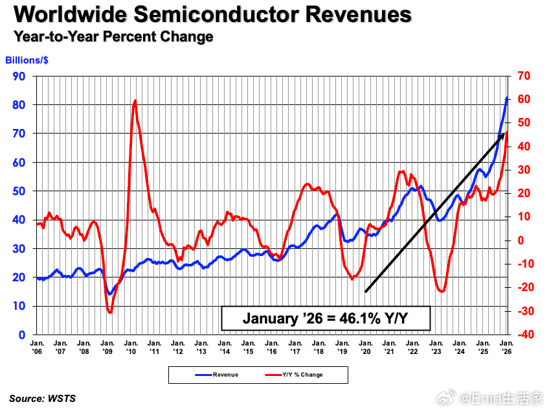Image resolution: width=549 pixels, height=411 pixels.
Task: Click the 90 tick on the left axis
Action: click(x=19, y=76)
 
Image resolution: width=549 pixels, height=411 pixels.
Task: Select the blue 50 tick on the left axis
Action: click(x=19, y=191)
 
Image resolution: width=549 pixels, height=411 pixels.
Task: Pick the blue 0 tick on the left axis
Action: click(x=22, y=335)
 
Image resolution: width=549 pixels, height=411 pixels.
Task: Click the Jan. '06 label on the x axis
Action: click(x=38, y=346)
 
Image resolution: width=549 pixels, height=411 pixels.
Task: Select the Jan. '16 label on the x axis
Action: click(x=272, y=346)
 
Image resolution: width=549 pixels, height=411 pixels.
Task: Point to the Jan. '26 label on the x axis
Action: click(x=506, y=346)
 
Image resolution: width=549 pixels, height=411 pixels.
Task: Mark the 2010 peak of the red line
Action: click(x=135, y=100)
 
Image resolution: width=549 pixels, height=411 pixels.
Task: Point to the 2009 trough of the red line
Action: click(x=110, y=312)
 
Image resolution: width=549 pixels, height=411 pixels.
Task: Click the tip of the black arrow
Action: click(x=504, y=132)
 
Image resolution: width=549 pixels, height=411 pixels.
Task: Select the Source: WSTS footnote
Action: click(x=42, y=399)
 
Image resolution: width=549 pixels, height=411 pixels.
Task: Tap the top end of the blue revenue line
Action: click(x=507, y=99)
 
